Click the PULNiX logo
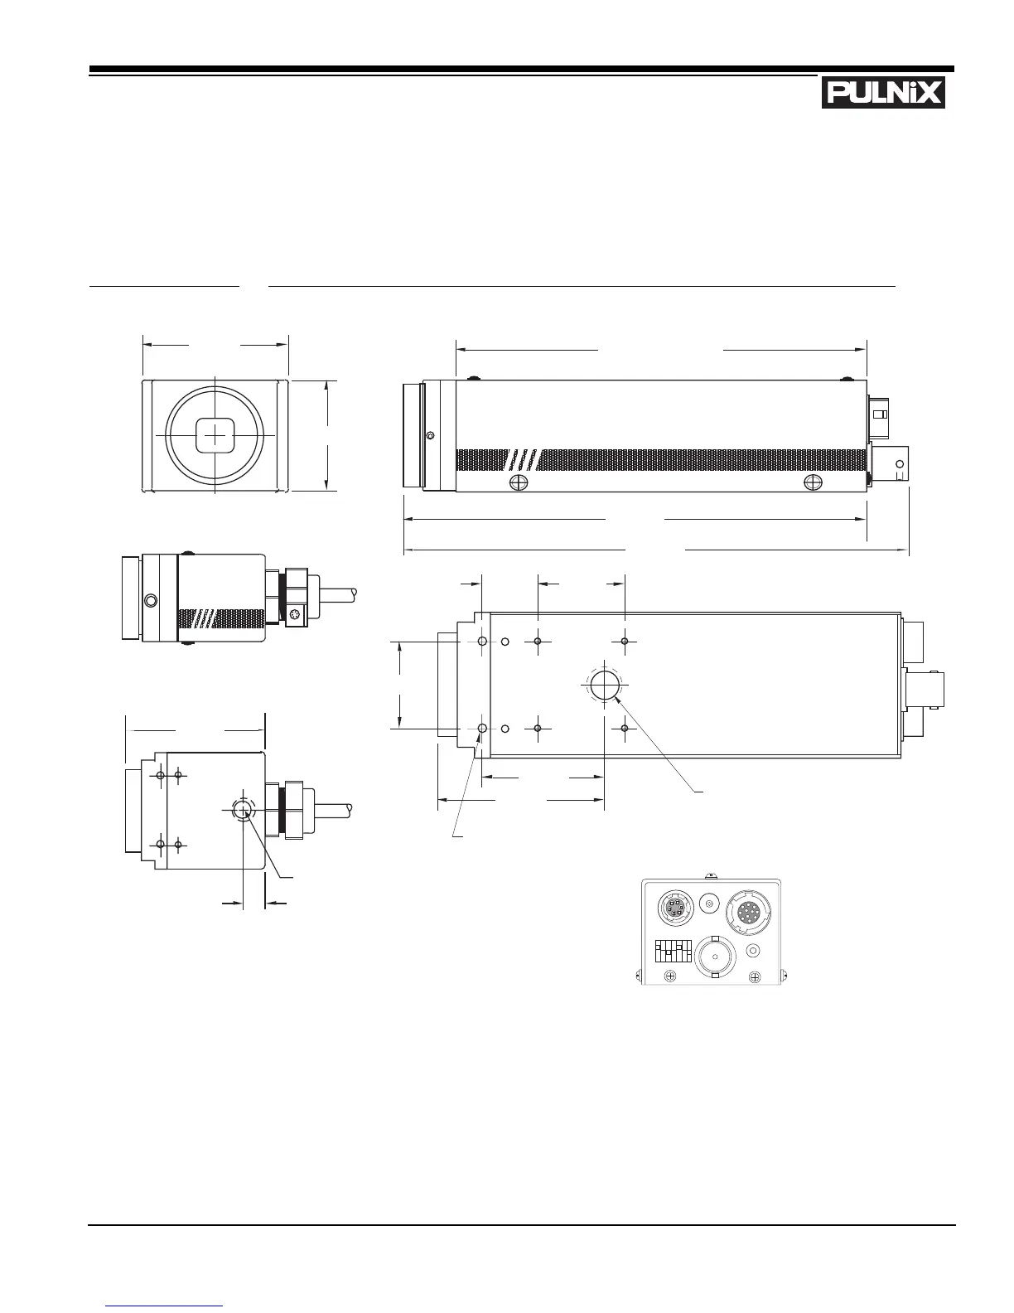[883, 94]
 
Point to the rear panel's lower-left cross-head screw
[669, 976]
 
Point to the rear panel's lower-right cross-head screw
[755, 977]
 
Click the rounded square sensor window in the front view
[215, 435]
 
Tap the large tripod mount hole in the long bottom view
[605, 686]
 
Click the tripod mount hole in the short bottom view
[243, 809]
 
